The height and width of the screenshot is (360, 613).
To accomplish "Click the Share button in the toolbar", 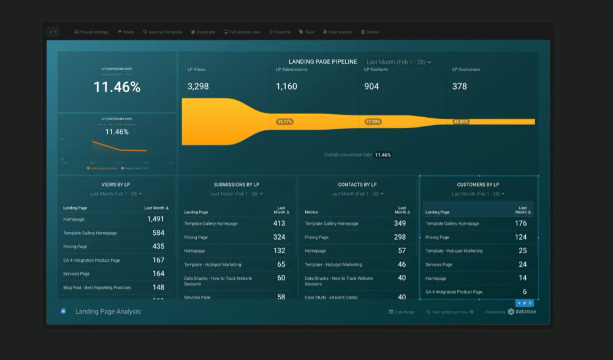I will [126, 32].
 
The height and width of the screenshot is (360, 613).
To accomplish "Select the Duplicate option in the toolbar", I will [203, 32].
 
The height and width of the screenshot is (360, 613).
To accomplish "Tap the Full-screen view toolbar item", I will [242, 32].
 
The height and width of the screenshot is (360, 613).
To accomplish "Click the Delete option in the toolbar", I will [370, 32].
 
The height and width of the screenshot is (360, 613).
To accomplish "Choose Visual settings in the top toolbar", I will [91, 32].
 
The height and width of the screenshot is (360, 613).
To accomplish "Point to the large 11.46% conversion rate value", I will [116, 87].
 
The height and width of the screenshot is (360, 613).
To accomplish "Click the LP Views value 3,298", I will [199, 86].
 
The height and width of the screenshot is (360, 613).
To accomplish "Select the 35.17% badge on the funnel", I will [285, 121].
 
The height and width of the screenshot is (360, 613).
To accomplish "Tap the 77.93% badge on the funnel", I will [373, 121].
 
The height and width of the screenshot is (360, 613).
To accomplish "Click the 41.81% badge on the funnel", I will [462, 121].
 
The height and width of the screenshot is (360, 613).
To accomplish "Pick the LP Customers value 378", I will [460, 86].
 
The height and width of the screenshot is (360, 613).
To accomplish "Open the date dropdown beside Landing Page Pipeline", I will [398, 62].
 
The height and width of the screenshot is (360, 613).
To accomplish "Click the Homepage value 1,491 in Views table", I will [156, 219].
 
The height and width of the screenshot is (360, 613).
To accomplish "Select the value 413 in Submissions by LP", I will [279, 223].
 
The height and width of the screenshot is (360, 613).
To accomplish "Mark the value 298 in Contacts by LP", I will [400, 237].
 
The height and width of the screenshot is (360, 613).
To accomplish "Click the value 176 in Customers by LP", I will [520, 223].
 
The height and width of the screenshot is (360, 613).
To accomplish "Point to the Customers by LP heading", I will [478, 185].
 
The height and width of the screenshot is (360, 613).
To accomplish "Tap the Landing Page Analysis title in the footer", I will [108, 312].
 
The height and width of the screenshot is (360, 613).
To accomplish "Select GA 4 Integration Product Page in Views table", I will [91, 260].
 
